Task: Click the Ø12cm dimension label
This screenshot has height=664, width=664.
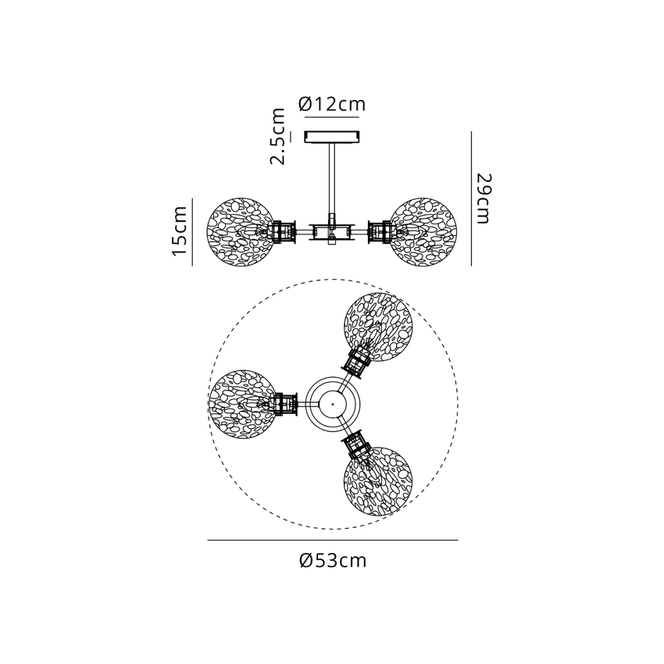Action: (331, 104)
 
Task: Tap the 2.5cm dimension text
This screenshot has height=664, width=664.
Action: (278, 136)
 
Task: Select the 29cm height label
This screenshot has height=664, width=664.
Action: (484, 198)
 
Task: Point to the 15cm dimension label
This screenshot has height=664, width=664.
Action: (180, 230)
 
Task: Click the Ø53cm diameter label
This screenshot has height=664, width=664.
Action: (333, 560)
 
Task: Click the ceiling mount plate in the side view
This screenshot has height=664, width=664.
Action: (333, 137)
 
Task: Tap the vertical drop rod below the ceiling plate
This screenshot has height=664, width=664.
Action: (331, 178)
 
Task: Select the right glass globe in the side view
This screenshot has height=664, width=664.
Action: (423, 232)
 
